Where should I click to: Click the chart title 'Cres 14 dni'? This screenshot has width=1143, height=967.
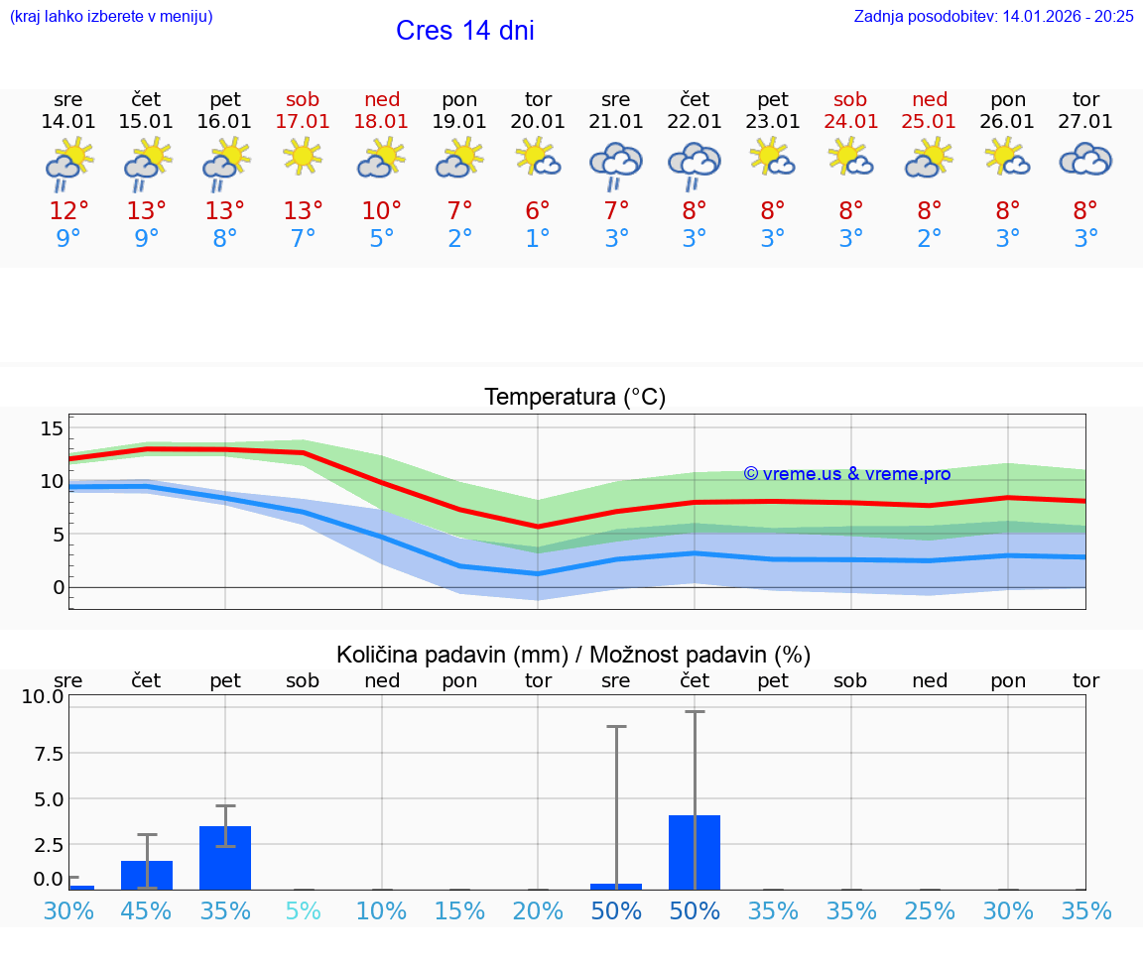point(464,31)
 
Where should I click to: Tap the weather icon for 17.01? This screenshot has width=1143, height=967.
point(303,156)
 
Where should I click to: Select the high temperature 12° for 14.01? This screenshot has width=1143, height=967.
point(68,211)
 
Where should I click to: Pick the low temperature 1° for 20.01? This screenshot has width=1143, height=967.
point(538,239)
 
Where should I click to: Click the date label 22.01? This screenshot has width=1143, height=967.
point(695,122)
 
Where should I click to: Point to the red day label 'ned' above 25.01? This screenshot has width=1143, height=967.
point(930,99)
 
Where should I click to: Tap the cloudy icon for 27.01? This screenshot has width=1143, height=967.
point(1085,159)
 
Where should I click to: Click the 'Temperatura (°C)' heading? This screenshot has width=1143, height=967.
point(574,398)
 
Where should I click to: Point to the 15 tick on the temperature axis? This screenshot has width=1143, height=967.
point(52,428)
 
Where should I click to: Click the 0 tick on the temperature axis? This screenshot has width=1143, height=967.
point(58,587)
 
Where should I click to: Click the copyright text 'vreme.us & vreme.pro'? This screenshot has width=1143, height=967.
point(847,474)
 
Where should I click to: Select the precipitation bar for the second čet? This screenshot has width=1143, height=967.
point(695,852)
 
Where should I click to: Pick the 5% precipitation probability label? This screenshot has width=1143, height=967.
point(303,910)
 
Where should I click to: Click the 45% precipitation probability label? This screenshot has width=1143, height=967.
point(147,910)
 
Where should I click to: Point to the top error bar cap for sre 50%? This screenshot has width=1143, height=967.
point(616,727)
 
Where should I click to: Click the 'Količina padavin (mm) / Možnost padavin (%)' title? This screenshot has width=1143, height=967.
point(573,655)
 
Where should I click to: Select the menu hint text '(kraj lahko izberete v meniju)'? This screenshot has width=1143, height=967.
point(111,17)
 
